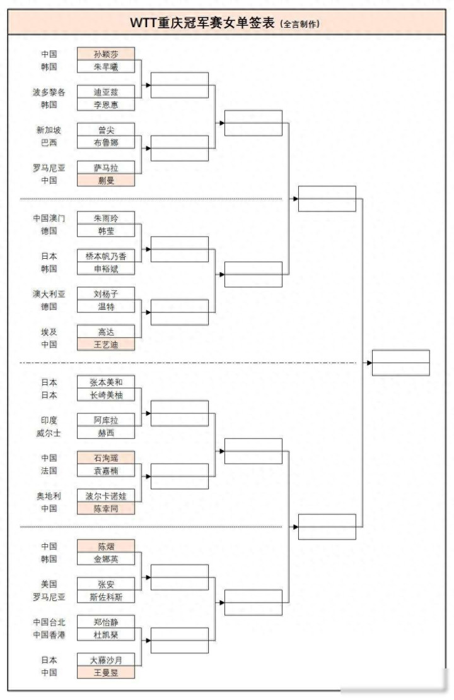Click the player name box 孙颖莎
[106, 54]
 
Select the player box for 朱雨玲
[106, 218]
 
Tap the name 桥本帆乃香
[106, 256]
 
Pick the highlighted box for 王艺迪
[106, 345]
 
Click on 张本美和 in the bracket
[106, 383]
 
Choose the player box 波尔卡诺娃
[106, 496]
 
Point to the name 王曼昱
[106, 673]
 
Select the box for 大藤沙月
[106, 660]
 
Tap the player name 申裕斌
[106, 269]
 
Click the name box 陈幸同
[106, 509]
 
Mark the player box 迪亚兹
[106, 92]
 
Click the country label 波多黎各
[49, 92]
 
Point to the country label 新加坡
[49, 130]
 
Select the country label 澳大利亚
[49, 294]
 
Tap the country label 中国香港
[49, 635]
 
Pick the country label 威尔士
[49, 433]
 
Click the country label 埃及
[49, 332]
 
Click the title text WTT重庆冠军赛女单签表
[202, 23]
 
